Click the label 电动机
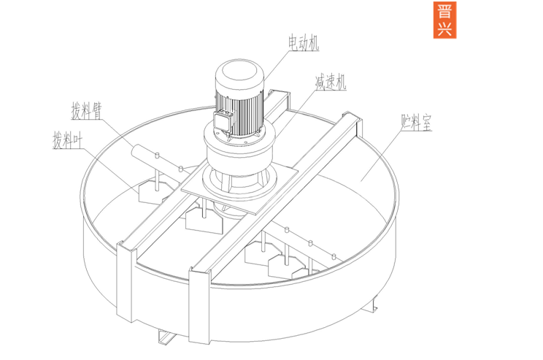pos(304,43)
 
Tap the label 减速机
pos(331,82)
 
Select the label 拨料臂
pos(87,110)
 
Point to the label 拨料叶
pos(68,139)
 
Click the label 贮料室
pos(416,123)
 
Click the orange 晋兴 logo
pos(444,20)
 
